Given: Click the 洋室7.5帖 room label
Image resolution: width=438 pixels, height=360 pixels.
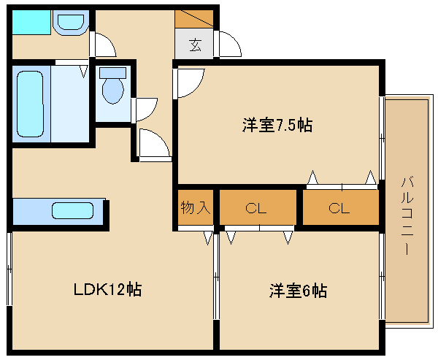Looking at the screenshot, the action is tap(277, 125).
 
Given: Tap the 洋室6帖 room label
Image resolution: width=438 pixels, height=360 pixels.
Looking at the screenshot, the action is tap(298, 291).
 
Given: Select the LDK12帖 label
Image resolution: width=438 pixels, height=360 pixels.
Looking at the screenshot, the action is tap(108, 289).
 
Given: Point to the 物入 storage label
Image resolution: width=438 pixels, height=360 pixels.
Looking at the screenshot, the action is tap(195, 207).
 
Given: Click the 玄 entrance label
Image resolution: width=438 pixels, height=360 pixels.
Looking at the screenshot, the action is tap(195, 45).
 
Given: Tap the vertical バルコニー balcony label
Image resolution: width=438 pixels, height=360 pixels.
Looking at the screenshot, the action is tap(407, 215).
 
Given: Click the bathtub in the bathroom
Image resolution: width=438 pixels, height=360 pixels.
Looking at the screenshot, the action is tap(30, 104).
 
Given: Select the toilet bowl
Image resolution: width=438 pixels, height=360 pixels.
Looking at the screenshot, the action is tap(113, 90).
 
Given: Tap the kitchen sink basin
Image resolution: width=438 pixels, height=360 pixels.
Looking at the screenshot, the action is tap(72, 210).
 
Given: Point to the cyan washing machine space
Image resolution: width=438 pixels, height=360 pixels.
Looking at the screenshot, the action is tap(31, 23).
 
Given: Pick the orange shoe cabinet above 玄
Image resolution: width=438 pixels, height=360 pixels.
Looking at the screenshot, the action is tap(194, 19).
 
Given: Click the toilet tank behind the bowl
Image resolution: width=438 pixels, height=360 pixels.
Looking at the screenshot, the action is tap(113, 72).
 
